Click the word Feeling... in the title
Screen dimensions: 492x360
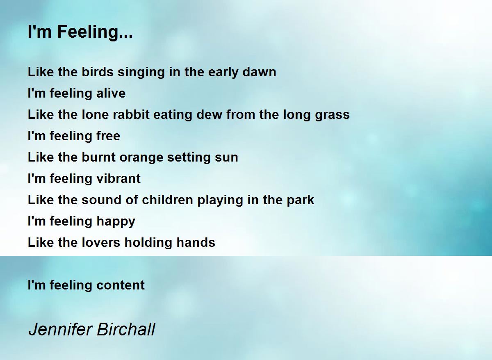tap(95, 32)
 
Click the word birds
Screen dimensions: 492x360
tap(98, 72)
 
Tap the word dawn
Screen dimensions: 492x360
tap(259, 72)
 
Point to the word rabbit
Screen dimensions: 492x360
tap(131, 114)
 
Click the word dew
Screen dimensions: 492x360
tap(210, 114)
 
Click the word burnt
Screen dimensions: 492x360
tap(99, 157)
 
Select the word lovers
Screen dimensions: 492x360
tap(101, 242)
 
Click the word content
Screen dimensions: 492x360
tap(121, 285)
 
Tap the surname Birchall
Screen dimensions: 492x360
tap(126, 330)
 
